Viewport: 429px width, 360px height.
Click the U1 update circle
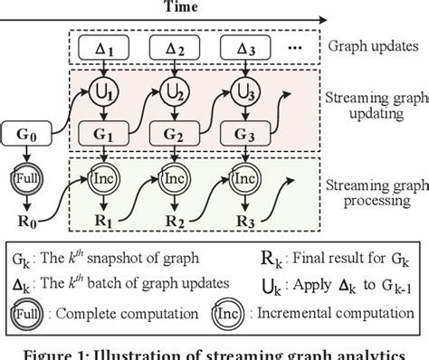(105, 91)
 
